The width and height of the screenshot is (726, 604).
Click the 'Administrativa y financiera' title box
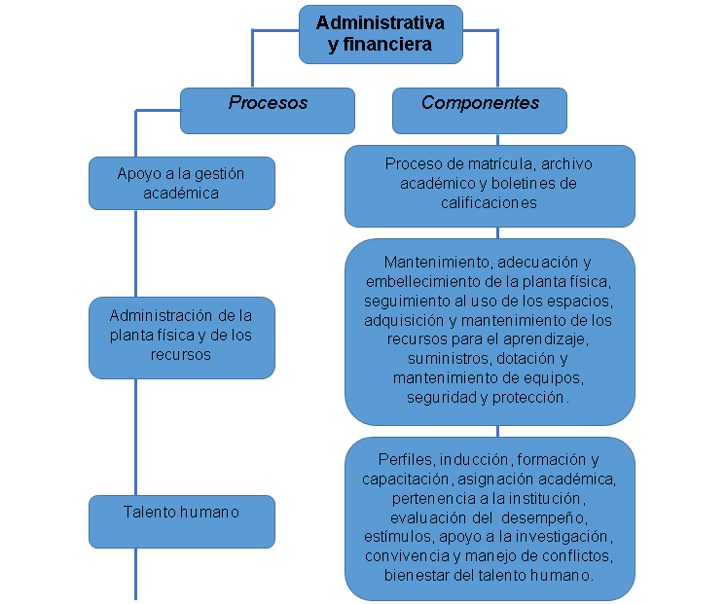coord(380,33)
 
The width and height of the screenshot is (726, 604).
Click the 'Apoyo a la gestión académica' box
coord(182,183)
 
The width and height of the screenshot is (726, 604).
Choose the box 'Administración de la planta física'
coord(182,337)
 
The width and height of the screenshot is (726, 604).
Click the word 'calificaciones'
coord(489,203)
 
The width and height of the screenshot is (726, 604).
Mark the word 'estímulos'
coord(398,536)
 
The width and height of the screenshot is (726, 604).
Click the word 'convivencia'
coord(406,555)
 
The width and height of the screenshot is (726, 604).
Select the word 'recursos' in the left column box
coord(182,355)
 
